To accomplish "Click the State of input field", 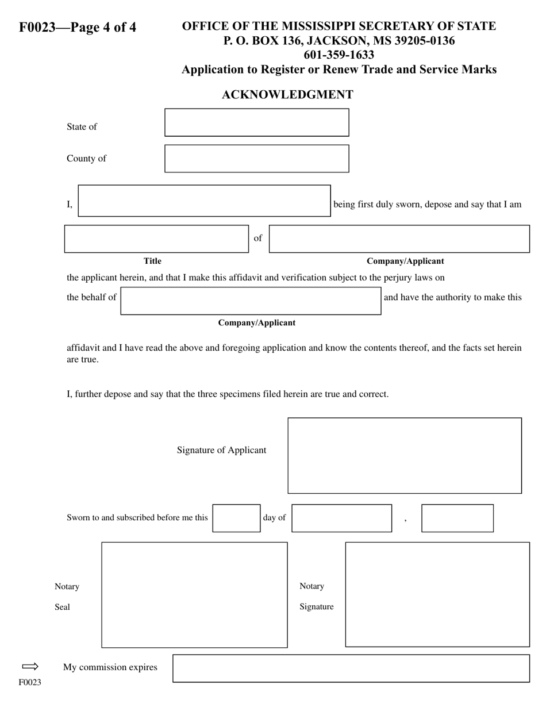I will pos(256,122).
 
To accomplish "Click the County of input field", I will pos(256,159).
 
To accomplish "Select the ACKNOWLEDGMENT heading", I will pos(287,95).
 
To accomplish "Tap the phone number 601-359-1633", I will pos(339,55).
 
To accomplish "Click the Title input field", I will pos(156,239).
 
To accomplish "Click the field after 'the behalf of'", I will pos(251,301).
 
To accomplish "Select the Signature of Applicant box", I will pos(405,456).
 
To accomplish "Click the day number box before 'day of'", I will pos(236,518).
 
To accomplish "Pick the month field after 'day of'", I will pos(341,518).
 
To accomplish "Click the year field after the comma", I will pos(457,518).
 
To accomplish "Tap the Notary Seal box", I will pos(194,595).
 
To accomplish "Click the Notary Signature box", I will pos(437,594).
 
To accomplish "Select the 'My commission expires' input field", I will pos(351,668).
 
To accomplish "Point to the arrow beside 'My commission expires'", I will pos(30,667).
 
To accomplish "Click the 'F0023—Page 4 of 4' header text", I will pos(78,28).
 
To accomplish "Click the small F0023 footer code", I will pos(30,683).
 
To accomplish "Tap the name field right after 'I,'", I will pos(204,201).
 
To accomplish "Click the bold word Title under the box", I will pos(152,261).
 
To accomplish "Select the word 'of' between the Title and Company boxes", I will pos(258,238).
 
